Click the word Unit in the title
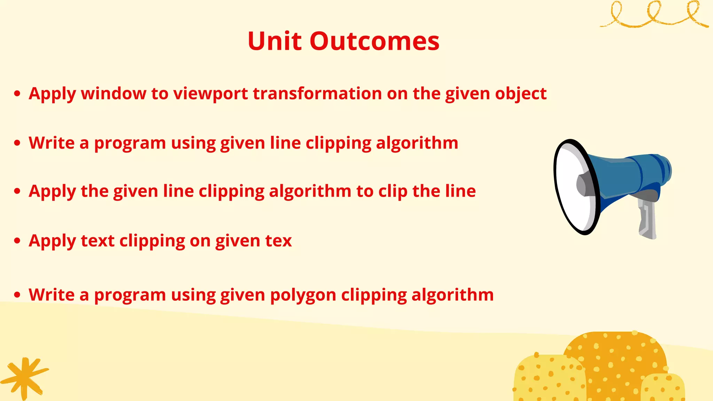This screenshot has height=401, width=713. pyautogui.click(x=274, y=41)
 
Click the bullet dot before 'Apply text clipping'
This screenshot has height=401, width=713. pyautogui.click(x=17, y=241)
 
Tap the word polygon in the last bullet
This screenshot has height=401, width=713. pyautogui.click(x=303, y=295)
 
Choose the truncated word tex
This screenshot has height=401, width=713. pyautogui.click(x=278, y=241)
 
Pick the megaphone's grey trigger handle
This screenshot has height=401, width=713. pyautogui.click(x=647, y=219)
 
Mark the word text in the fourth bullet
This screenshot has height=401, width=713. pyautogui.click(x=97, y=241)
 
